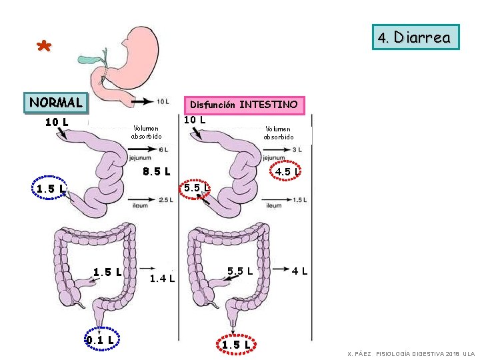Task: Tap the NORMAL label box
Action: [x=56, y=103]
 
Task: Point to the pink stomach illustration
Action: [x=137, y=53]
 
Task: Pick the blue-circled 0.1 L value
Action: [x=101, y=339]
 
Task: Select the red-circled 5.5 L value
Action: [x=197, y=188]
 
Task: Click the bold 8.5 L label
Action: [x=157, y=171]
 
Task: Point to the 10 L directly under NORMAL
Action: [x=57, y=122]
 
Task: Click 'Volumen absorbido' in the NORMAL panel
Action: [x=146, y=132]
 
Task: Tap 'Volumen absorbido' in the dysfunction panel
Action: [x=278, y=133]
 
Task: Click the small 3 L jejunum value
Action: [x=297, y=149]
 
